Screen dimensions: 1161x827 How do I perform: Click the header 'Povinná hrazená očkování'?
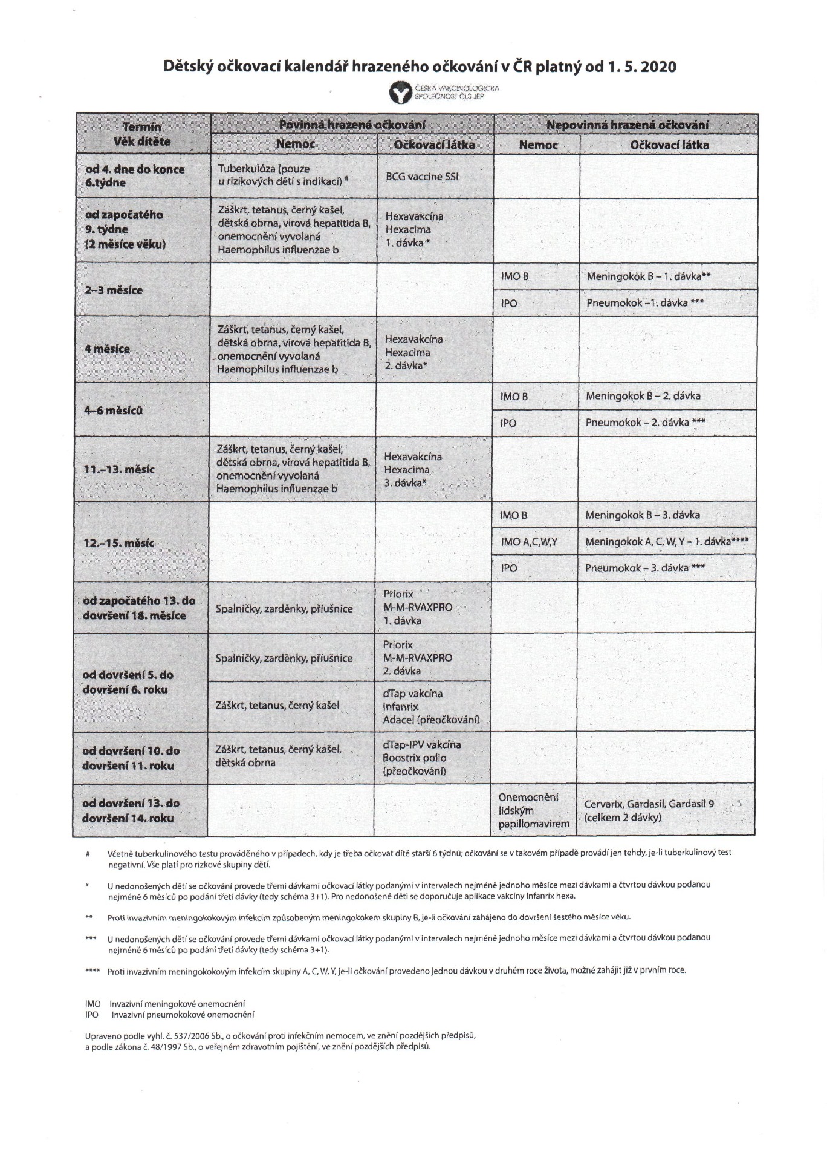(352, 125)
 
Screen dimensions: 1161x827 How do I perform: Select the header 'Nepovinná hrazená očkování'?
(627, 125)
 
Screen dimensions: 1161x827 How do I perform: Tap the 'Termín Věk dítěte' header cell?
(143, 134)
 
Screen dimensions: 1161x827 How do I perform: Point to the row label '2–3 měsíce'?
(114, 290)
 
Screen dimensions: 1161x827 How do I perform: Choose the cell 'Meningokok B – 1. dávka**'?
(648, 276)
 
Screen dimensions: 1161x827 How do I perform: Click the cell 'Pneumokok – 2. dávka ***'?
(644, 423)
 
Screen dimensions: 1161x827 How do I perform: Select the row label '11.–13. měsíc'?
(119, 469)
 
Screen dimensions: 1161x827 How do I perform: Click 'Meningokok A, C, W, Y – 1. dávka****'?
(666, 542)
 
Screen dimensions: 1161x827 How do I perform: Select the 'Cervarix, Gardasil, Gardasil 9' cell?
(649, 811)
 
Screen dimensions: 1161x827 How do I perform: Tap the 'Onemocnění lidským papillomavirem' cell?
(534, 810)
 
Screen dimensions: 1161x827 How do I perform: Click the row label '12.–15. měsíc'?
(118, 543)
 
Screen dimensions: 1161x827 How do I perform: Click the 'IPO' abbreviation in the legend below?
(92, 1015)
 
